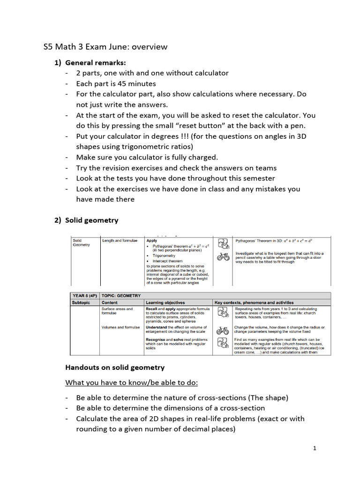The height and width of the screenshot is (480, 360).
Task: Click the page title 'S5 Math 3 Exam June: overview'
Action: (x=105, y=47)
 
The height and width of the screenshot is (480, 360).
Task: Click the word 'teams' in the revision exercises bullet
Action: (x=266, y=167)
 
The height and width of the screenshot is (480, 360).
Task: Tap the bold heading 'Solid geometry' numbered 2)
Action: (x=91, y=220)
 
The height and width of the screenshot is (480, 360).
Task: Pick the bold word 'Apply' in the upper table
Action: (x=152, y=240)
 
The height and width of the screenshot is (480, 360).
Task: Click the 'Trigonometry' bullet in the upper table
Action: (x=164, y=256)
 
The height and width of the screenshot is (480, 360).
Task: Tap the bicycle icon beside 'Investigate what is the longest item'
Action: (x=224, y=257)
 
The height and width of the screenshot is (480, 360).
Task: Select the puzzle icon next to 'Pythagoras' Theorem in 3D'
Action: (x=224, y=244)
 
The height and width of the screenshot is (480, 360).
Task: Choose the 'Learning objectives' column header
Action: (x=165, y=303)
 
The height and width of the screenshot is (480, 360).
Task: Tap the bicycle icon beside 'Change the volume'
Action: (x=223, y=330)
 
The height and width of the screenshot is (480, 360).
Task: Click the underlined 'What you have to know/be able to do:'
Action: (x=131, y=382)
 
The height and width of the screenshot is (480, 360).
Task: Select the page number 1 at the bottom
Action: (x=315, y=449)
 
